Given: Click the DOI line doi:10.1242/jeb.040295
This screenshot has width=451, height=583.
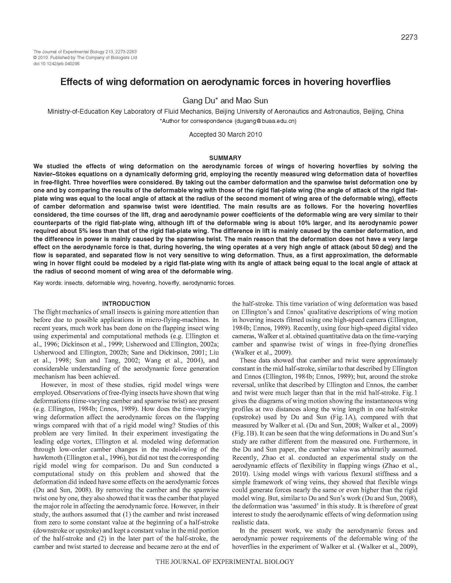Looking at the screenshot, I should tap(56, 64).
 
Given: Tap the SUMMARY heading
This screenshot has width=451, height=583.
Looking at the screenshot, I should tap(225, 158).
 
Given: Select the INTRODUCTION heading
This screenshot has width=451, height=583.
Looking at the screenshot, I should tap(126, 303).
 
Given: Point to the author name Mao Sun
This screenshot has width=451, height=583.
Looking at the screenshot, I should tap(252, 101).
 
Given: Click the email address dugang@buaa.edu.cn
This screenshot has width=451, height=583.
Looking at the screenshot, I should tap(265, 121).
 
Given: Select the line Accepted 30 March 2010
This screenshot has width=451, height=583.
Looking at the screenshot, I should tap(225, 135).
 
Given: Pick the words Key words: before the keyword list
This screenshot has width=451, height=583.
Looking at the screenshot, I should tap(47, 283).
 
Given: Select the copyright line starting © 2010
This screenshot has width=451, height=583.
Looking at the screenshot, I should tap(85, 58).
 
